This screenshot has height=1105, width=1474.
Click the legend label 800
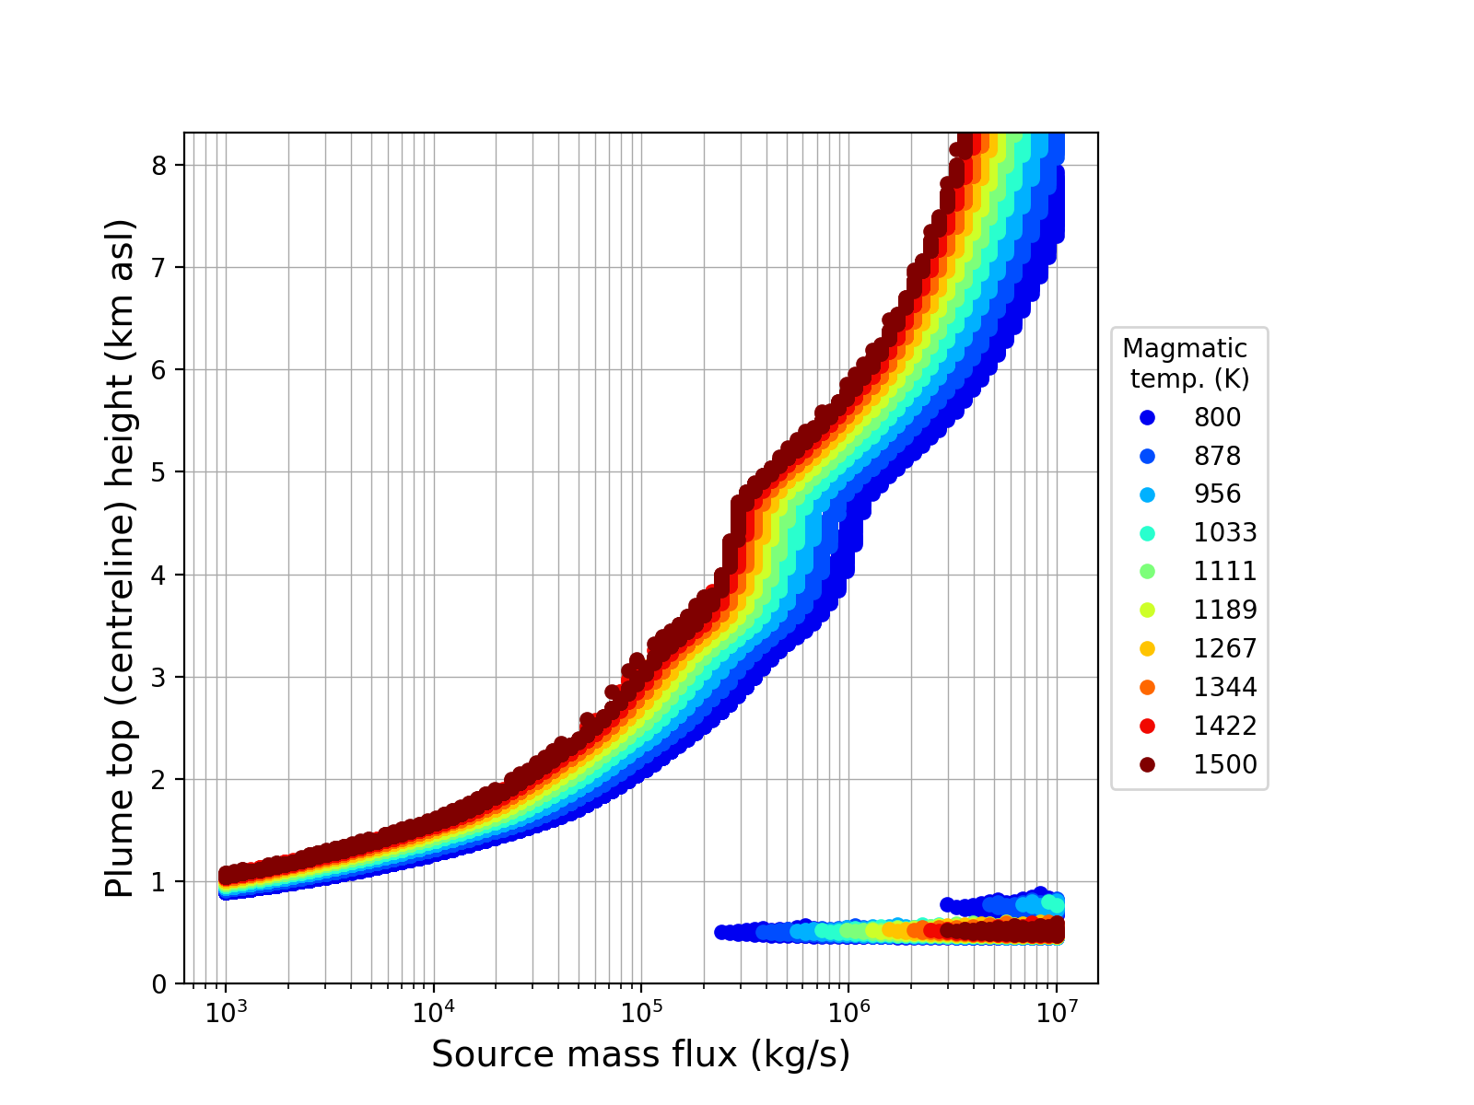click(x=1217, y=417)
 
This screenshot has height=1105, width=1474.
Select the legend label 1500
click(x=1225, y=764)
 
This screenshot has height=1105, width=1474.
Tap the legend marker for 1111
click(x=1147, y=571)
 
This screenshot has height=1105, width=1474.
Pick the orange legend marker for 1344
click(x=1147, y=687)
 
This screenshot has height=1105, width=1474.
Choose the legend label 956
click(x=1217, y=494)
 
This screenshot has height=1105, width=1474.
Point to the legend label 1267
click(x=1225, y=648)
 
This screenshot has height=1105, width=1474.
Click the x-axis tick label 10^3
click(x=226, y=1010)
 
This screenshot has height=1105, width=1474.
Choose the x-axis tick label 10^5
click(x=641, y=1010)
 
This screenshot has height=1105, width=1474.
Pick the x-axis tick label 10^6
click(x=848, y=1010)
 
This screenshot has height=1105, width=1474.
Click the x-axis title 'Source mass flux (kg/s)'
click(x=640, y=1054)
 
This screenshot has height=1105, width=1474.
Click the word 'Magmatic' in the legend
click(x=1185, y=349)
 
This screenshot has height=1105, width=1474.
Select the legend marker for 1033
click(x=1147, y=532)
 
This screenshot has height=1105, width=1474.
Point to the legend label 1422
click(x=1225, y=726)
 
